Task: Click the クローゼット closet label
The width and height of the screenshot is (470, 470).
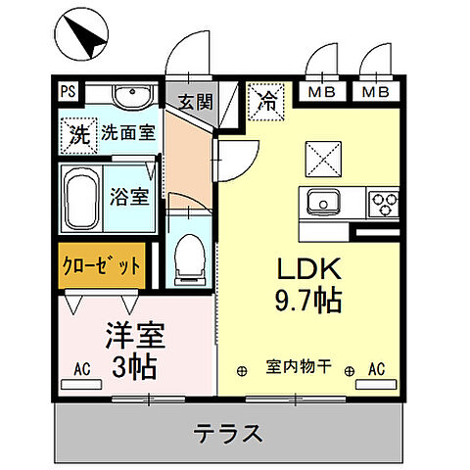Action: click(103, 265)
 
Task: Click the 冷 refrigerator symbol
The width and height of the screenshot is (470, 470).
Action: click(266, 99)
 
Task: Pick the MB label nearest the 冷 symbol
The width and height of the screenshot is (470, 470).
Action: click(320, 93)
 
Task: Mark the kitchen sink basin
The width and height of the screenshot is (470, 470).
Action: click(321, 203)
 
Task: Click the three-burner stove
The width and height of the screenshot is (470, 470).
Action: click(383, 203)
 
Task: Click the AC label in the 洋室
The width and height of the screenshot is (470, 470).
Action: click(85, 371)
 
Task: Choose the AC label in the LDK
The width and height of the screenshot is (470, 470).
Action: click(375, 369)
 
